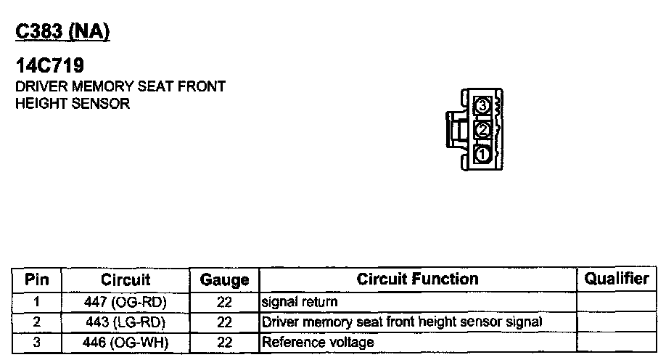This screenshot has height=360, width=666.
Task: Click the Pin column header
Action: pos(36,279)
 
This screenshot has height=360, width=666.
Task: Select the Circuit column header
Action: pos(126,279)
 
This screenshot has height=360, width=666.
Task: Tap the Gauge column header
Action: pos(224,279)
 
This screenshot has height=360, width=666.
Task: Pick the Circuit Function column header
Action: pos(417,279)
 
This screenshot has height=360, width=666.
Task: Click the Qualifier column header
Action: pos(617,279)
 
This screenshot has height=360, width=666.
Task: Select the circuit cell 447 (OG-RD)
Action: pos(126,301)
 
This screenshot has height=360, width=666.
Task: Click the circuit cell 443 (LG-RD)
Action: pos(126,322)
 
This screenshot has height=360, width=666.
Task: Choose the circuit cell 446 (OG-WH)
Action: pos(126,342)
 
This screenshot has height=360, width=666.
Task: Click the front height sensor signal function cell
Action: pos(402,322)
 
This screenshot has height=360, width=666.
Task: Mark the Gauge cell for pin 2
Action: pos(224,322)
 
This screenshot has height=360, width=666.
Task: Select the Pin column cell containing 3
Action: pos(36,342)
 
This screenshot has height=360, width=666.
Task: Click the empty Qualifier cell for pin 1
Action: pos(617,301)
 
